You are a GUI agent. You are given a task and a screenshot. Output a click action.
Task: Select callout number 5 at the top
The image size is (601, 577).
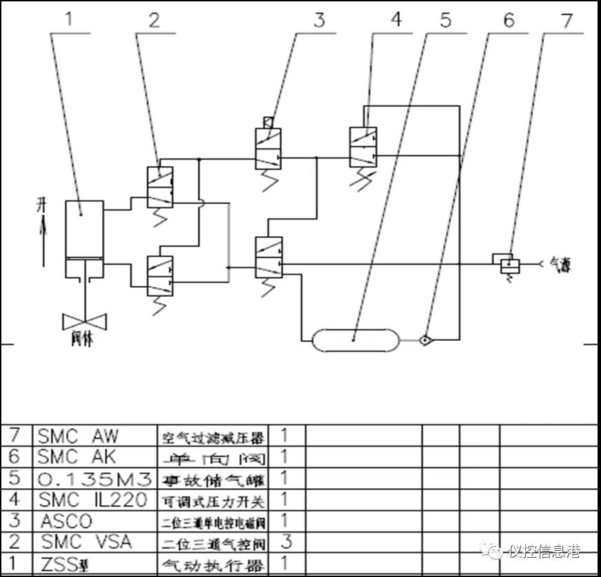point(445,19)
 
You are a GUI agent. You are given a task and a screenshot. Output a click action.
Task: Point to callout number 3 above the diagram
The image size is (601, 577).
point(318,19)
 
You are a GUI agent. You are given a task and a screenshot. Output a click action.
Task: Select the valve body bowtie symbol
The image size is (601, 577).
point(83,322)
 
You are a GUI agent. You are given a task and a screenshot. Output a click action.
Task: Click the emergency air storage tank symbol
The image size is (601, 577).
point(354,339)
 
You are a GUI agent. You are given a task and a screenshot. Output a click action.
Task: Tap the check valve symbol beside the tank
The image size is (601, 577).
point(427,339)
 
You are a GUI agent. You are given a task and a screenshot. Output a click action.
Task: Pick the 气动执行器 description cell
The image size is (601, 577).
point(212,565)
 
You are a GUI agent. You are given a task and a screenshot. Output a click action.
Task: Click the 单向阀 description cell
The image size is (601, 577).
point(212,457)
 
